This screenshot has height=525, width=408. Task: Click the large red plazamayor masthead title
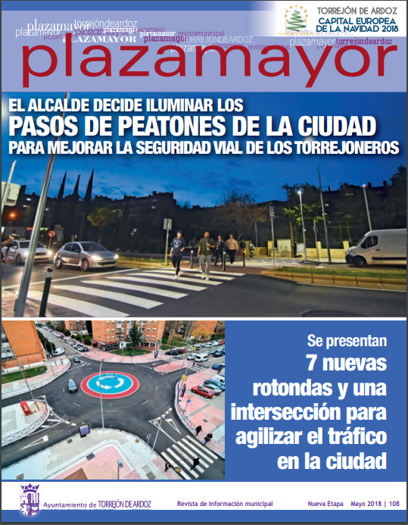pyautogui.click(x=204, y=64)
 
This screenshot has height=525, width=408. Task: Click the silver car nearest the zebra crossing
pyautogui.click(x=86, y=255)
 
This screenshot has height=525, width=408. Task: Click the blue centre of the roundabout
pyautogui.click(x=111, y=383)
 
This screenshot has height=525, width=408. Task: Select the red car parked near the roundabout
pyautogui.click(x=203, y=392)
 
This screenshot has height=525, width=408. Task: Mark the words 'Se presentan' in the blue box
pyautogui.click(x=347, y=339)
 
